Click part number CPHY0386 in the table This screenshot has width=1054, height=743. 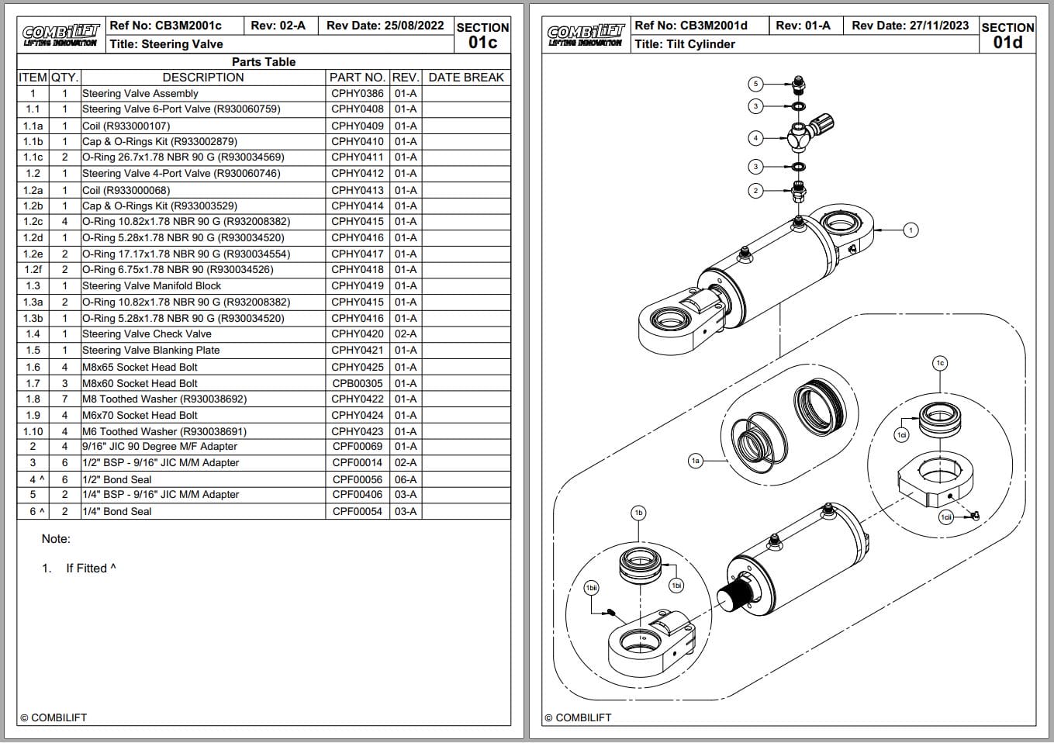click(x=357, y=93)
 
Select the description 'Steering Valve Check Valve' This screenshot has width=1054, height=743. click(x=147, y=334)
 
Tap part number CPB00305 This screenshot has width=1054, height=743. click(x=357, y=383)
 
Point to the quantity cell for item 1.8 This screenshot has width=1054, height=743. click(x=64, y=399)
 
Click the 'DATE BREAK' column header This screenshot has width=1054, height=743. click(x=465, y=78)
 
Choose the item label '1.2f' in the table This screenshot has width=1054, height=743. click(x=33, y=270)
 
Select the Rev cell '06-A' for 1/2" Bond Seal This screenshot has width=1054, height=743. click(x=405, y=480)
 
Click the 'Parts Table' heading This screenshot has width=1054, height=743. click(x=264, y=62)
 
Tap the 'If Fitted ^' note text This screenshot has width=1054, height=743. click(x=91, y=568)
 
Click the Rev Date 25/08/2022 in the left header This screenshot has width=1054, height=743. click(x=385, y=26)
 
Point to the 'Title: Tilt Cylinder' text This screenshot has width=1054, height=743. click(x=684, y=44)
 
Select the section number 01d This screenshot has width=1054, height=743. click(x=1007, y=43)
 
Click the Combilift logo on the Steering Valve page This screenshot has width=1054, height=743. click(x=60, y=36)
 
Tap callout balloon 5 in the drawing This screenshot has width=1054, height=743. click(x=756, y=84)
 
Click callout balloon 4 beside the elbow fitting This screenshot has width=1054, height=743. click(x=756, y=139)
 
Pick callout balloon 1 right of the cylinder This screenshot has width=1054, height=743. click(x=911, y=230)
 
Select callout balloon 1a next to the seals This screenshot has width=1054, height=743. click(x=696, y=461)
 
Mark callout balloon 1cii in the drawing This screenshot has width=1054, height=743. click(x=946, y=517)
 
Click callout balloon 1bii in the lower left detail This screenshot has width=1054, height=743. click(x=592, y=589)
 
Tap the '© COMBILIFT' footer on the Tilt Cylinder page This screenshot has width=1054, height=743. click(x=578, y=718)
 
